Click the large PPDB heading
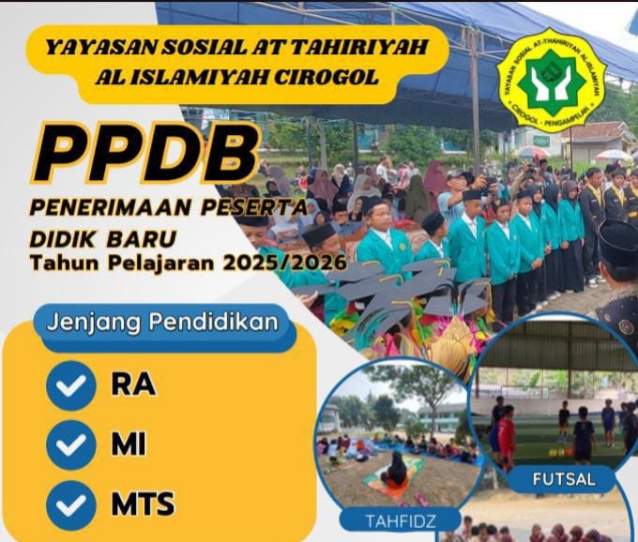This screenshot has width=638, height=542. tap(146, 153)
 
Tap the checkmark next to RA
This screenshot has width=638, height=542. tap(71, 385)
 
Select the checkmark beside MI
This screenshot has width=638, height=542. tap(71, 445)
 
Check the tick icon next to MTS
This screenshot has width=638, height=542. tap(71, 505)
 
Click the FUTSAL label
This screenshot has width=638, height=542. tap(564, 479)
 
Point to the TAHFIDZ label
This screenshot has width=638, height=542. tap(401, 520)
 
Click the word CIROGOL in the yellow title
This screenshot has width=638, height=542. tap(326, 77)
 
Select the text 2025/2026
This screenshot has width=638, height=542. tap(284, 263)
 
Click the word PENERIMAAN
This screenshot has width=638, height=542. tap(111, 207)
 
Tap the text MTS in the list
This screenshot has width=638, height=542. tap(144, 504)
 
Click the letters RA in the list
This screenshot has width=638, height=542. tap(133, 384)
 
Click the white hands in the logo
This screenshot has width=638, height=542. tap(552, 83)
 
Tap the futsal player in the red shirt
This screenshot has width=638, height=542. tap(506, 436)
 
